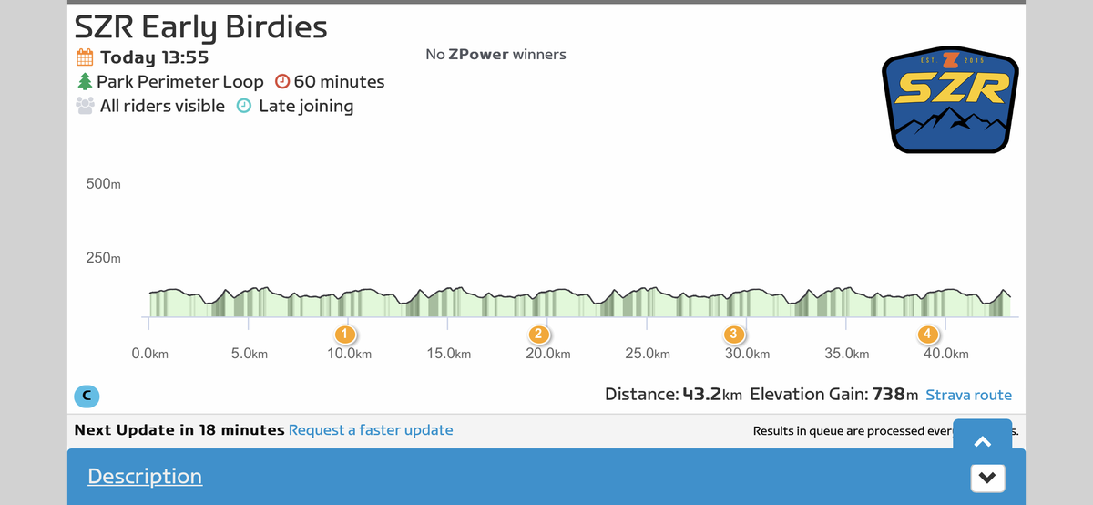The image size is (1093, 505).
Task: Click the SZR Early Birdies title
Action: [200, 26]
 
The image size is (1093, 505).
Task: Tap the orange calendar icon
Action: [85, 57]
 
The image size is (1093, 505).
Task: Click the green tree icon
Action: [85, 82]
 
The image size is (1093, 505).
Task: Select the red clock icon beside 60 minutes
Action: [281, 82]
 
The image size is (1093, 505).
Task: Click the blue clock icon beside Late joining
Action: [244, 106]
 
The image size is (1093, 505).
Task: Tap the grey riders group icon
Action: [85, 106]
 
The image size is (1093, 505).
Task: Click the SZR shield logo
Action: [950, 100]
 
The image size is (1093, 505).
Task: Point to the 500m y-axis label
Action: [103, 184]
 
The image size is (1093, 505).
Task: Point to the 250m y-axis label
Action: [103, 258]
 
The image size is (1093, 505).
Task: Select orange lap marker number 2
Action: [539, 334]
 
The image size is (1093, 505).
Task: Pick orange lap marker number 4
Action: [927, 334]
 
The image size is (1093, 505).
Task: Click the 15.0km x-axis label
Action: [448, 354]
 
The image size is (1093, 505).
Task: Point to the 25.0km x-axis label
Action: [648, 354]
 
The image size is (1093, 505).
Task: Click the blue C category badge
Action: [87, 396]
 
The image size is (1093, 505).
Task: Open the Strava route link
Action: [968, 395]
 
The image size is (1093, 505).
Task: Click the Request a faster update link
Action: [370, 429]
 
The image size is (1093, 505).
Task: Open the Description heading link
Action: [144, 476]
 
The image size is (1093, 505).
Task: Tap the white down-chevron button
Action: [987, 477]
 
